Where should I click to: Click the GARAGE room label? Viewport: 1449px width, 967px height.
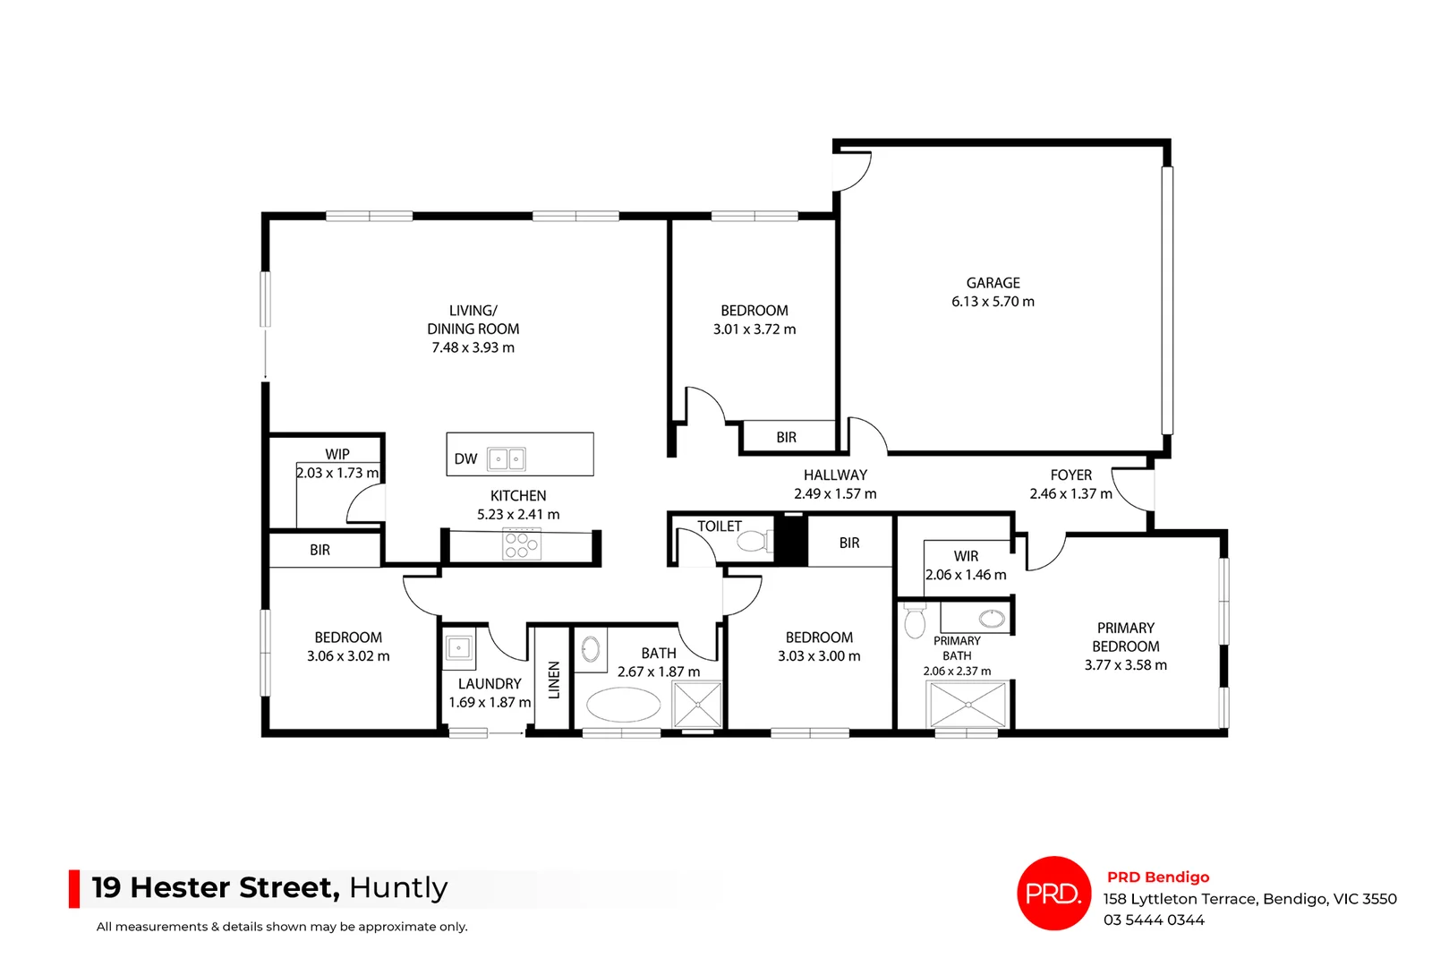[x=993, y=283]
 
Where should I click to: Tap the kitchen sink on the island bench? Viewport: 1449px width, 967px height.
[x=506, y=459]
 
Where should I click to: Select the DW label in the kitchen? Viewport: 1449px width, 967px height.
[x=465, y=459]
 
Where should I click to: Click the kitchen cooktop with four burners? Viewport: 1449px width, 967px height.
[x=522, y=544]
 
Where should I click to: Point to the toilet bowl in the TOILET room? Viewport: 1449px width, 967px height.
[x=752, y=541]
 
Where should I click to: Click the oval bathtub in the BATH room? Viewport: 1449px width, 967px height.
[x=623, y=705]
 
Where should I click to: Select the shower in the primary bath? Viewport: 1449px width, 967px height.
[x=967, y=705]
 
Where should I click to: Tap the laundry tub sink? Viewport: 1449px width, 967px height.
[x=459, y=648]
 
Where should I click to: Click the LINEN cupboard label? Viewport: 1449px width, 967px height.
[x=554, y=680]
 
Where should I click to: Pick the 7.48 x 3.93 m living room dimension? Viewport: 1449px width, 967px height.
[x=473, y=347]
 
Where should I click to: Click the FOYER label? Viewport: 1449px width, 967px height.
[x=1070, y=475]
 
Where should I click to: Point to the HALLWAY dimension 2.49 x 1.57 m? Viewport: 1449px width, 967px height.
[x=835, y=494]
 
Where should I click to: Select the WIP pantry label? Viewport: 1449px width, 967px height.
[x=337, y=454]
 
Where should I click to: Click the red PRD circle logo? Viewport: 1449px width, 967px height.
[x=1053, y=893]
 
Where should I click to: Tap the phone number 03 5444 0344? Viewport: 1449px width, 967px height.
[x=1153, y=920]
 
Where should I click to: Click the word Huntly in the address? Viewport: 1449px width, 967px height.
[x=398, y=887]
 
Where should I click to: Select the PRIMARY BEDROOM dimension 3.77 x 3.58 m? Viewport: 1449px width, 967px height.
[x=1125, y=665]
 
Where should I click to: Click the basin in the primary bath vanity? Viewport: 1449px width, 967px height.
[x=992, y=618]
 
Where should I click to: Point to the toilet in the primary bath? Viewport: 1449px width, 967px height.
[x=915, y=620]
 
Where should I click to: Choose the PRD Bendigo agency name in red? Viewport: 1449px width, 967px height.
[x=1157, y=877]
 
